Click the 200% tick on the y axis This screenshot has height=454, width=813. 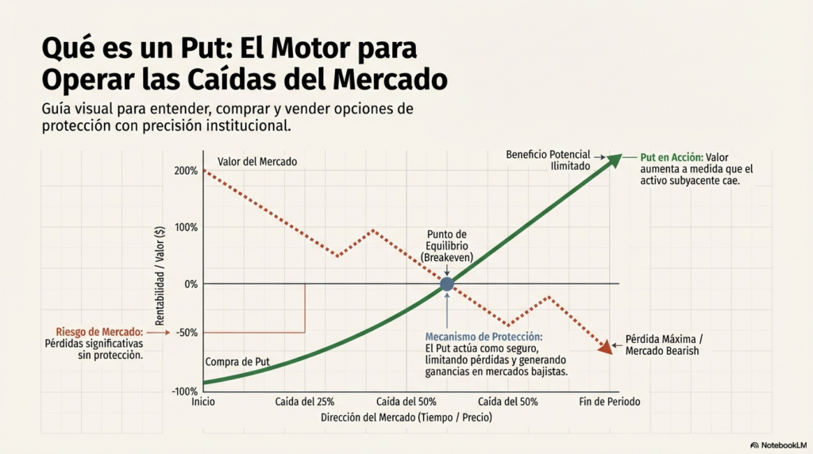pyautogui.click(x=185, y=171)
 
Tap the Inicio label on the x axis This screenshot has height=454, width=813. pyautogui.click(x=203, y=402)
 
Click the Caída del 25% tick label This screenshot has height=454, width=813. pyautogui.click(x=305, y=402)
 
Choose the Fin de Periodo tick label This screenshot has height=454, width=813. pyautogui.click(x=608, y=402)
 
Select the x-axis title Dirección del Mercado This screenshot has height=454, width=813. pyautogui.click(x=406, y=417)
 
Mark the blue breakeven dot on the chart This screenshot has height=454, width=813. pyautogui.click(x=447, y=283)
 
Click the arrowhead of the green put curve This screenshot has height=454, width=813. pyautogui.click(x=615, y=160)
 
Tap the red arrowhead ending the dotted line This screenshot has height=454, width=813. pyautogui.click(x=606, y=348)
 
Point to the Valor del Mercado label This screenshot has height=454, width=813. pyautogui.click(x=256, y=161)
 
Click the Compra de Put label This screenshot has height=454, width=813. pyautogui.click(x=237, y=362)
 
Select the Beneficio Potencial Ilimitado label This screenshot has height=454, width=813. pyautogui.click(x=548, y=160)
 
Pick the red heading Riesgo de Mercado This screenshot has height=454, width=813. pyautogui.click(x=99, y=332)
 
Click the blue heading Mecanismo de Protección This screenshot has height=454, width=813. pyautogui.click(x=484, y=337)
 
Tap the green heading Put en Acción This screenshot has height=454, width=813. pyautogui.click(x=670, y=157)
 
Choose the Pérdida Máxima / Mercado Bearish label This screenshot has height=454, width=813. pyautogui.click(x=664, y=344)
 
